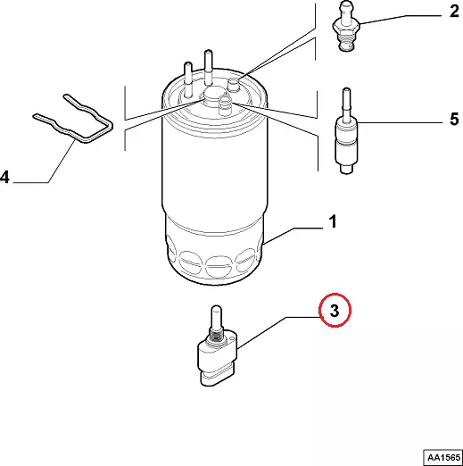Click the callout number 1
point(333,221)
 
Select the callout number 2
point(454,11)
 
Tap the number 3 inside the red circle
point(335,311)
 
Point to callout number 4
point(4,177)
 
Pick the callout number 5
point(454,119)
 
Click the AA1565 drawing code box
point(443,457)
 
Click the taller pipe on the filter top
point(208,68)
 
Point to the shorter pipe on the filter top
point(188,79)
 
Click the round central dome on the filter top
point(212,95)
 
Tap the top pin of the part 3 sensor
point(216,317)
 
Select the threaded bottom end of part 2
point(346,43)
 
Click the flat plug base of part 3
point(217,378)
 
